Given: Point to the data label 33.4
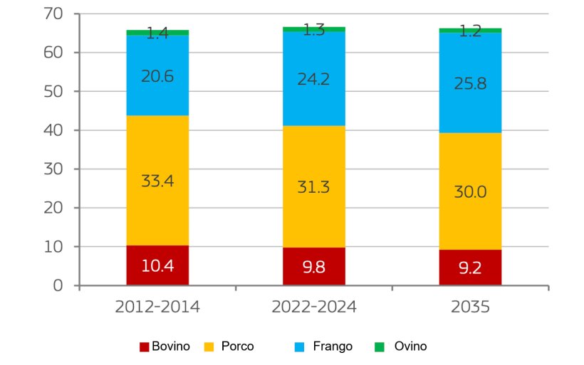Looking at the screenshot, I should point(157,181).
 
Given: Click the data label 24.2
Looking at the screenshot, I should point(313,78).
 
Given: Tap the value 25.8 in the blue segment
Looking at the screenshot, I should point(470,83).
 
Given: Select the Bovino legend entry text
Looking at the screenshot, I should point(171,347).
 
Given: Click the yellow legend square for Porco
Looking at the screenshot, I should point(209,347).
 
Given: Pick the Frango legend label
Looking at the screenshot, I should point(333,347).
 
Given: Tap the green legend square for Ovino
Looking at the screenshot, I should point(380,347).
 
